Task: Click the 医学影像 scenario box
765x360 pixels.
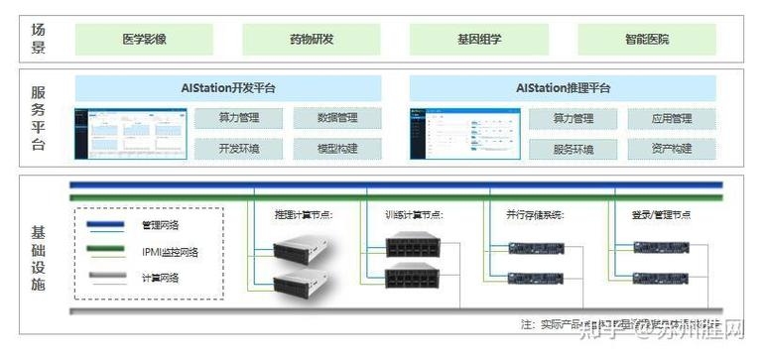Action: point(144,39)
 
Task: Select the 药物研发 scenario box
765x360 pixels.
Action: point(312,39)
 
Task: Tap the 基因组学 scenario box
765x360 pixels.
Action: point(479,39)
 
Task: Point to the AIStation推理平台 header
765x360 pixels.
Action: point(563,88)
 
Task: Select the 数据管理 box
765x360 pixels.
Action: point(337,119)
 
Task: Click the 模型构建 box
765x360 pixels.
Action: point(337,149)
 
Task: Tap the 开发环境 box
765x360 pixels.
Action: point(239,149)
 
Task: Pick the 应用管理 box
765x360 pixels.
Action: point(673,119)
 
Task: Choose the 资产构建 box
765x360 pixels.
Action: point(673,149)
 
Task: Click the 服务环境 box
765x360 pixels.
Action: point(574,149)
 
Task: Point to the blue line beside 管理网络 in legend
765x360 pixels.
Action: point(107,225)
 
